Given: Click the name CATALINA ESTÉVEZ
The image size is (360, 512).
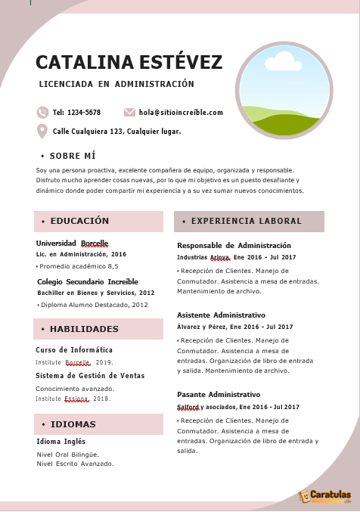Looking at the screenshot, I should [x=129, y=62].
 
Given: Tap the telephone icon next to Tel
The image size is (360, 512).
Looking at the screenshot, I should [x=42, y=112].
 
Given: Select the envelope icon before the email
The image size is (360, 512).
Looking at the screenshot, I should [x=129, y=112].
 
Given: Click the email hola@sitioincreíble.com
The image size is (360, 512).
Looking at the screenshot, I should [x=181, y=113].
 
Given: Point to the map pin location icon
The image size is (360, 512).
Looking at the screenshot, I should [x=42, y=131].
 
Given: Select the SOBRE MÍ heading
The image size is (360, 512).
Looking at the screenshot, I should [x=72, y=156].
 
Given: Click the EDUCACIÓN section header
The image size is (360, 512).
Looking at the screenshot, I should [x=79, y=221].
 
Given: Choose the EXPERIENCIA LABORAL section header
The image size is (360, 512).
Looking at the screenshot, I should [x=247, y=222].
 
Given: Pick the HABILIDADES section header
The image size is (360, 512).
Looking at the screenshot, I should [x=84, y=329].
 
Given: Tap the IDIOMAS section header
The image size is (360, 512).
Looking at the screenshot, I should [x=73, y=424].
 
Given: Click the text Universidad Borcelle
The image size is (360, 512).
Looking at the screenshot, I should [x=72, y=244].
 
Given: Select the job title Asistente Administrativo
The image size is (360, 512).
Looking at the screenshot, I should [x=221, y=315].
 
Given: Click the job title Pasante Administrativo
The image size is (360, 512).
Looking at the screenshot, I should [x=219, y=395].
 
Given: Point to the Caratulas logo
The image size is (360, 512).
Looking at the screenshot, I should [x=326, y=496].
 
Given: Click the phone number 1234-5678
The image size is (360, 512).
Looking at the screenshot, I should [x=84, y=113].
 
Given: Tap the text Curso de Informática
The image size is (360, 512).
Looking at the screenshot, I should [x=74, y=350].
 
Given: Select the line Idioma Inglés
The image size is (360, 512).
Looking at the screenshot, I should [x=61, y=442].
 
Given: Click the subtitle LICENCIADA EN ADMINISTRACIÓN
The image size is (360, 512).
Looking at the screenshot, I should [x=116, y=84].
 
